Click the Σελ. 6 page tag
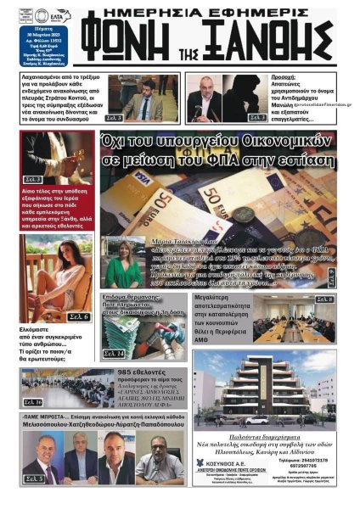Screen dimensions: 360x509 pos(78,316)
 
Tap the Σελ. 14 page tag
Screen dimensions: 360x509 pos(112,353)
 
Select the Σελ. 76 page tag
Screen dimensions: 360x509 pos(33,401)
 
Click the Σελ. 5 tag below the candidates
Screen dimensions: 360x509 pos(34,478)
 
